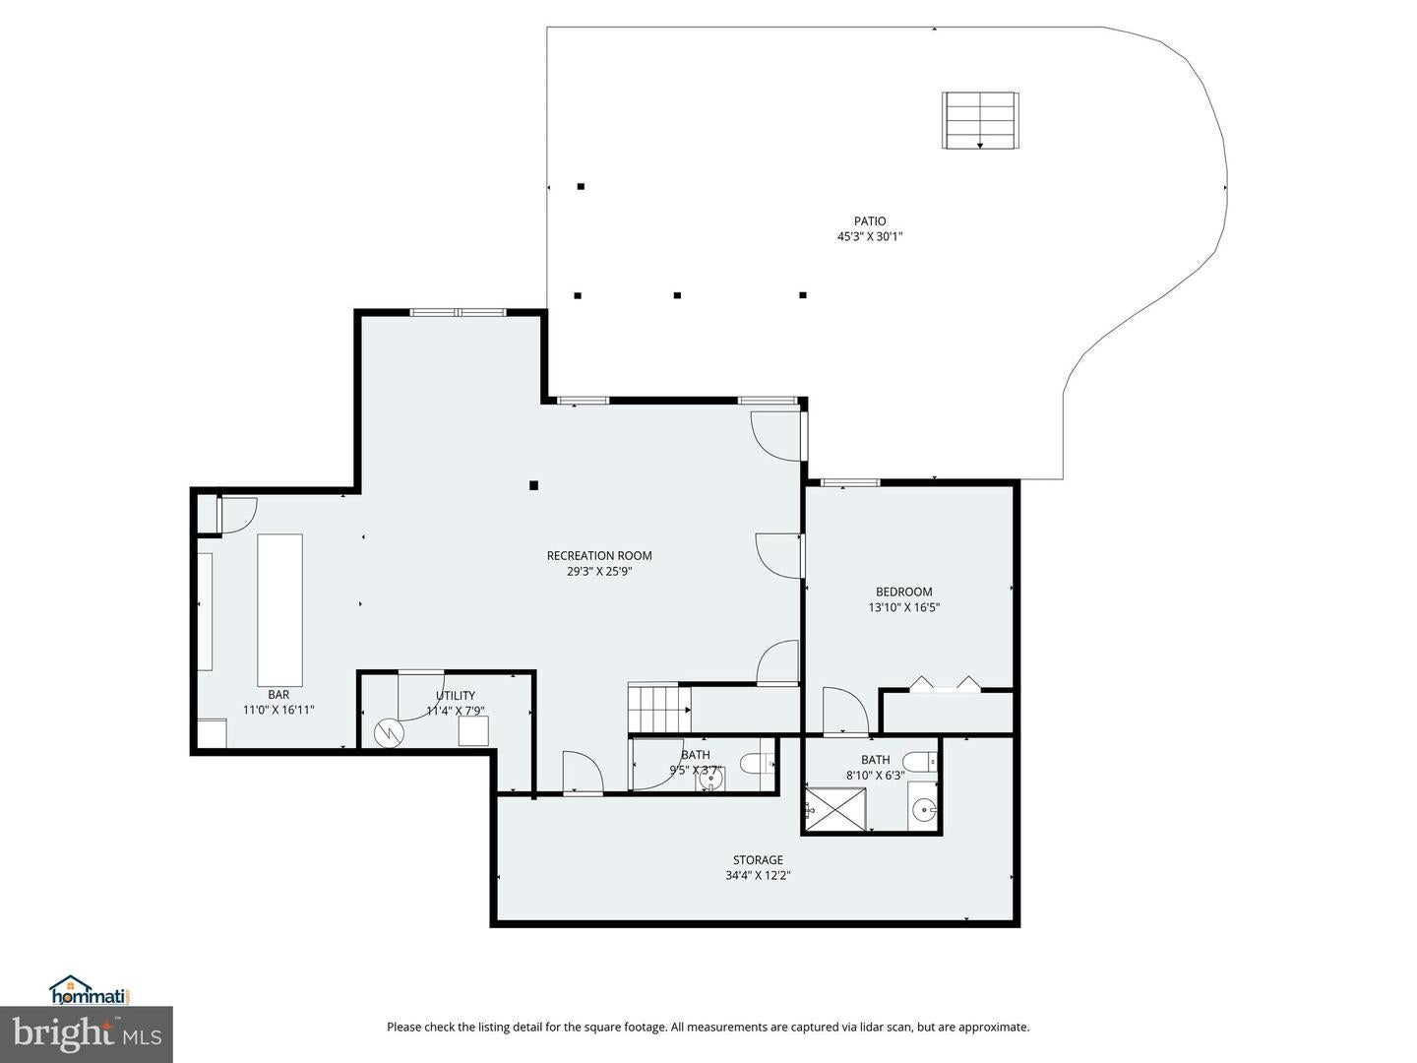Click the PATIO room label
coord(869,221)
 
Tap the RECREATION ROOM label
coord(599,556)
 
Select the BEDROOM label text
coord(903,592)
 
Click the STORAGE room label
coord(758,860)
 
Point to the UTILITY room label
coord(456,695)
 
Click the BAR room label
coord(278,694)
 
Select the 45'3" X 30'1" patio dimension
coord(869,236)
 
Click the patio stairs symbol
coord(979,120)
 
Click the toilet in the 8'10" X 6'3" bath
coord(919,761)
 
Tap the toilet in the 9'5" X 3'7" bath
coord(757,763)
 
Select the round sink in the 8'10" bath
coord(923,810)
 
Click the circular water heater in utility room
coord(390,731)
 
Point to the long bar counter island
coord(279,609)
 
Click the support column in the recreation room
coord(534,484)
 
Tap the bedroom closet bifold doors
coord(945,684)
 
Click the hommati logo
coord(90,990)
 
